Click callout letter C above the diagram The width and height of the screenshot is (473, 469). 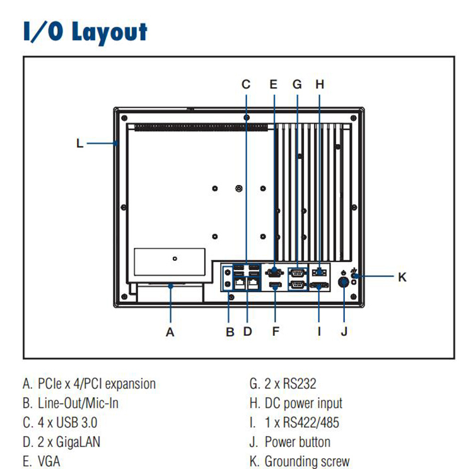pos(246,84)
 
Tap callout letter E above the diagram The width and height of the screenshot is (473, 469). pos(273,84)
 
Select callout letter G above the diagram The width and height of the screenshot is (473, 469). pos(298,84)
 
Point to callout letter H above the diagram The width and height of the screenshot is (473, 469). pos(320,84)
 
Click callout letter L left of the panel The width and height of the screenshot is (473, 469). pos(79,143)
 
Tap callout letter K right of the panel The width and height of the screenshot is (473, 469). pos(402,276)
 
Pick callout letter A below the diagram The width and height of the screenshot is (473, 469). pos(170,331)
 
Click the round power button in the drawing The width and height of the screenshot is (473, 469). pos(344,283)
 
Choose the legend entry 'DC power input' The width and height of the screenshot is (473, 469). pos(303,403)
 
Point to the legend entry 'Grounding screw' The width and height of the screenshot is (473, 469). pos(307,461)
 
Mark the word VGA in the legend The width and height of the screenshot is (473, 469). pos(49,461)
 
